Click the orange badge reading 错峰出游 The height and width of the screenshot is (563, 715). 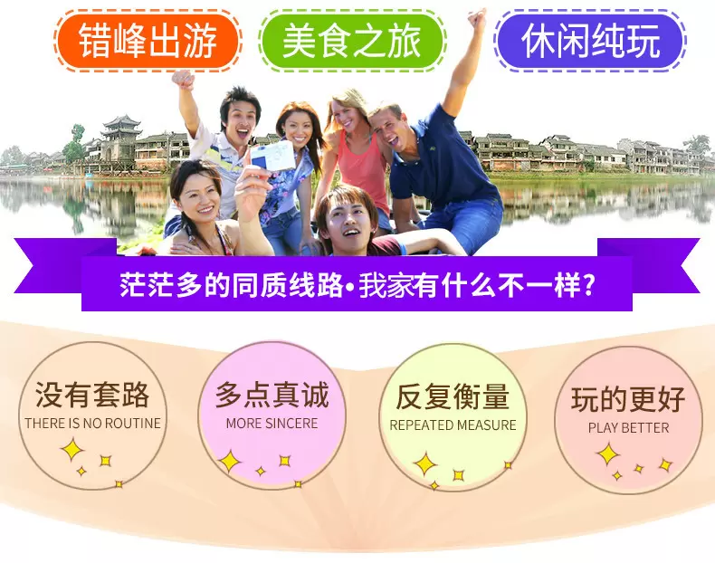point(148,41)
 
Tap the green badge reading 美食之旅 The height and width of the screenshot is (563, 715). point(351,41)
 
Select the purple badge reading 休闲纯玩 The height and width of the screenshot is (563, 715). point(590,40)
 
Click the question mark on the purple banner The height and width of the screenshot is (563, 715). point(588,285)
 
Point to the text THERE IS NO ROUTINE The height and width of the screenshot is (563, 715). point(93,424)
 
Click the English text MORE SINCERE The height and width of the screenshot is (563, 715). point(272,424)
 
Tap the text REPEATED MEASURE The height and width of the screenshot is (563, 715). point(453,425)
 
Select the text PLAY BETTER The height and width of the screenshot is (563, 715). point(628,428)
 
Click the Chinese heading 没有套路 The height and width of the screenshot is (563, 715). point(92,395)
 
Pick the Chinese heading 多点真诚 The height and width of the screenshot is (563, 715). point(272,395)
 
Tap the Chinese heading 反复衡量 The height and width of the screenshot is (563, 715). point(453,396)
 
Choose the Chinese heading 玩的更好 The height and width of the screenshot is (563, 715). point(628,399)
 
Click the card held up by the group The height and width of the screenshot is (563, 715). point(273,156)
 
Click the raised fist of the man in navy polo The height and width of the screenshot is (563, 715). point(478,19)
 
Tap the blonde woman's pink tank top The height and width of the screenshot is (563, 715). point(364,171)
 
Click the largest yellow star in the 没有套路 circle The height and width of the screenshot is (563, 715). point(72,450)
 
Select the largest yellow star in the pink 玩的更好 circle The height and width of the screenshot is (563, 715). point(608,454)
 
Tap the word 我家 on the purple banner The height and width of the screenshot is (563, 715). point(386,286)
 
